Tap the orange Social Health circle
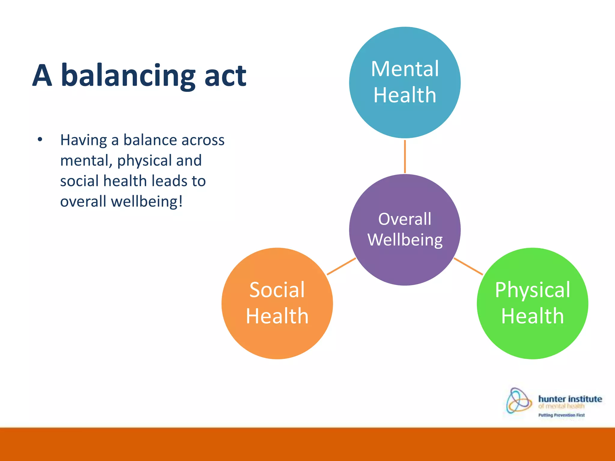tap(277, 339)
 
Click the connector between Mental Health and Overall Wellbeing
tap(405, 156)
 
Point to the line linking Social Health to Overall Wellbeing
tap(341, 266)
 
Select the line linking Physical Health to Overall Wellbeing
tap(468, 266)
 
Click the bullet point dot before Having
tap(40, 140)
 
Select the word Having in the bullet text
tap(83, 140)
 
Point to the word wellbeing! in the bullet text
tap(147, 201)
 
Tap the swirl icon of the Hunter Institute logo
tap(518, 400)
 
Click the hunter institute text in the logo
tap(570, 399)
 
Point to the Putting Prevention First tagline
tap(561, 415)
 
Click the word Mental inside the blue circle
tap(405, 69)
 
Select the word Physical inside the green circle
tap(532, 290)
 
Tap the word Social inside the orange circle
tap(277, 290)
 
